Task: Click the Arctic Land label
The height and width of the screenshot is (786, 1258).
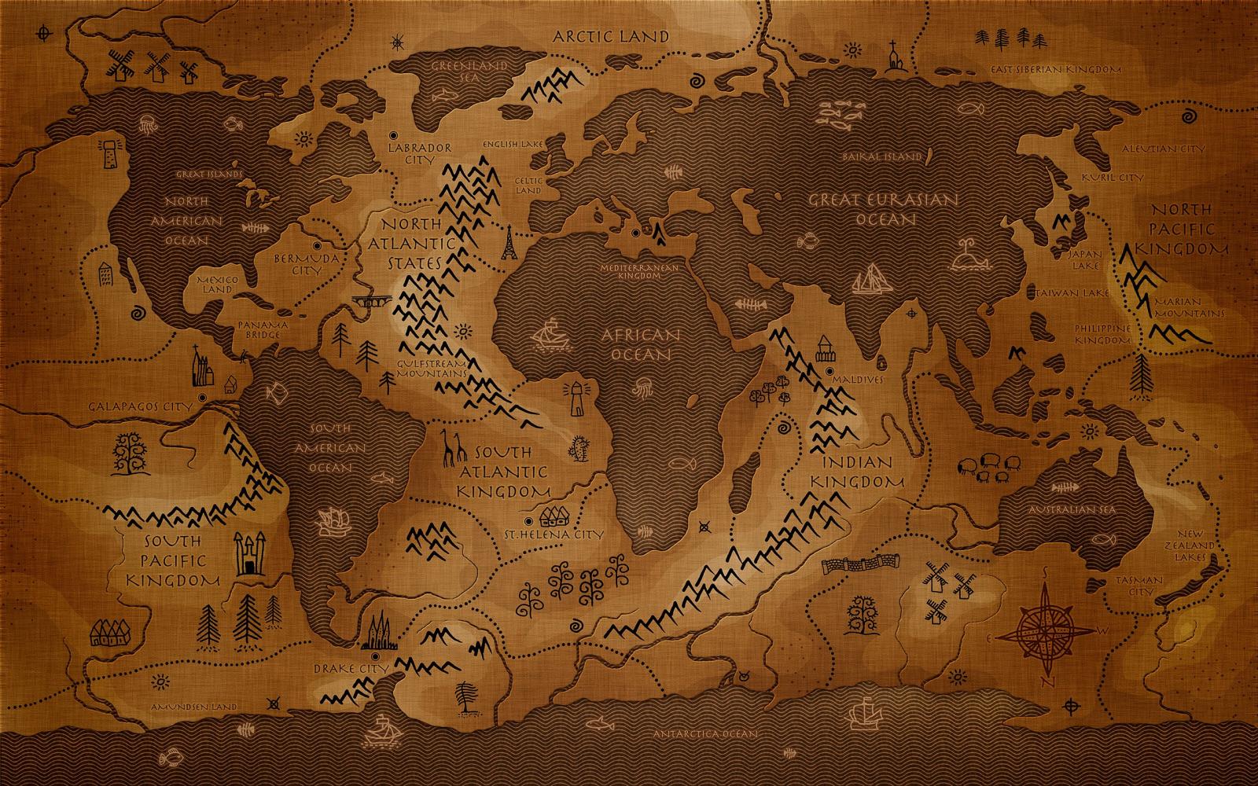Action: pos(610,36)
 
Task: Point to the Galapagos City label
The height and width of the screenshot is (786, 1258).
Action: pos(141,406)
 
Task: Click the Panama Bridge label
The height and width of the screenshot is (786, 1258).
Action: pos(263,330)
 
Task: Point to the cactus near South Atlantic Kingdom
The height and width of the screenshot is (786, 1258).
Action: pos(579,448)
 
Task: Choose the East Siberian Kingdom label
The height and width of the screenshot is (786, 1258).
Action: pos(1055,70)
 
